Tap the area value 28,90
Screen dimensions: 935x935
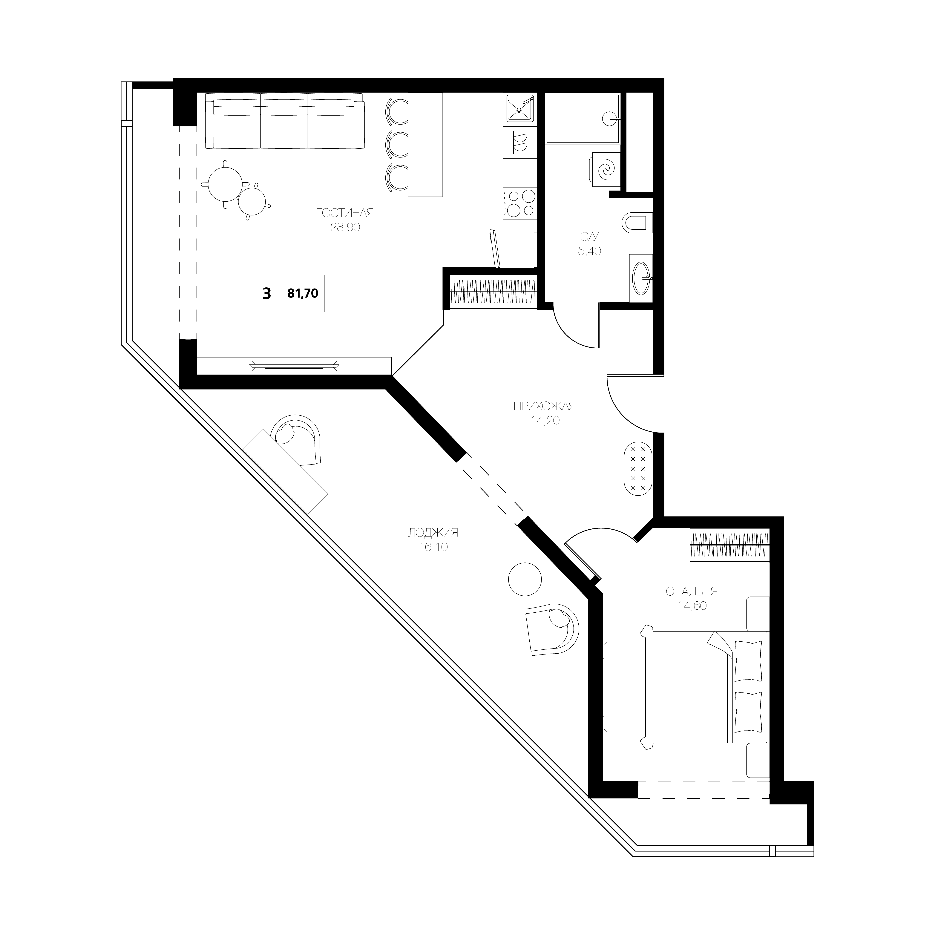point(345,227)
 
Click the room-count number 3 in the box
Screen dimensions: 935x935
point(267,293)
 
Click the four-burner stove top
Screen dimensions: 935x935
point(520,203)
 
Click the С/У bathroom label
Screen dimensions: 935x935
point(589,237)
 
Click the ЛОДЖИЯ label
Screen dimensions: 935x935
point(433,533)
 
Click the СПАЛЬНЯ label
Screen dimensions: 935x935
point(692,591)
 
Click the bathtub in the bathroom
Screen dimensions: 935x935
point(583,119)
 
